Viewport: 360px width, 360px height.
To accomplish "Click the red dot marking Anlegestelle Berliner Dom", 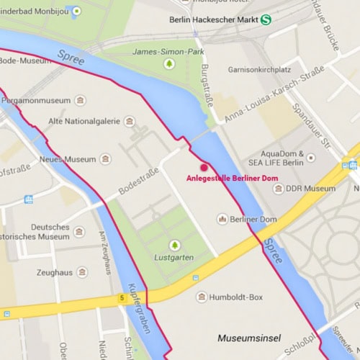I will pos(204,167).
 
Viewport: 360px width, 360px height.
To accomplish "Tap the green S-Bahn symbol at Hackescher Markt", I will pos(267,20).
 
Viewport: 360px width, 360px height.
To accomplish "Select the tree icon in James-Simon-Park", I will pos(169,64).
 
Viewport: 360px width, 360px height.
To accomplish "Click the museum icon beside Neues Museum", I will pos(106,159).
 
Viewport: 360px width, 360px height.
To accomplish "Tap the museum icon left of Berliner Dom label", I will pos(222,219).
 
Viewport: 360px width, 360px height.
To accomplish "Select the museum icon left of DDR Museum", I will pos(279,189).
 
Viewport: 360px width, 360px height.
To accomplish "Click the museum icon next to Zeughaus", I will pos(82,272).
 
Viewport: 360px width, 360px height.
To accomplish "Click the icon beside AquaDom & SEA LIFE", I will pos(310,156).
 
